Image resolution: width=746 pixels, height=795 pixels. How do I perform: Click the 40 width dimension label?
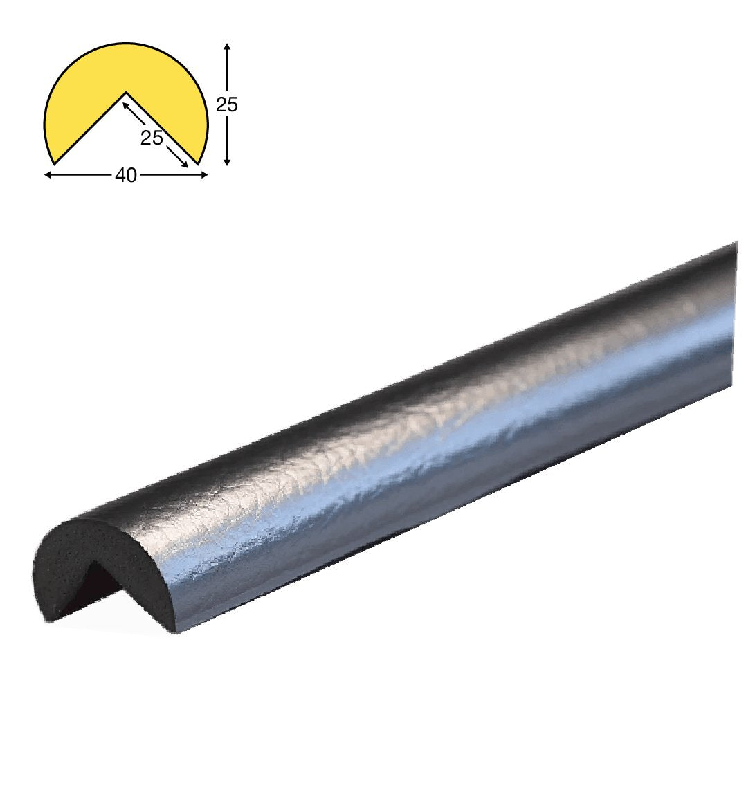126,176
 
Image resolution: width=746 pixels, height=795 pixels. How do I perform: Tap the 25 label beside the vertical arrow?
227,105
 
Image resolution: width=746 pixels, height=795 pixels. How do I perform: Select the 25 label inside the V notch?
152,138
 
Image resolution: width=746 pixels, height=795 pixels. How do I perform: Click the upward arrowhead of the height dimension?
227,47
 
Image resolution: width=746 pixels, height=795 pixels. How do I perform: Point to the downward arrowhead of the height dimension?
227,161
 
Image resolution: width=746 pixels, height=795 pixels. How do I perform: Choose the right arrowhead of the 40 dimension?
203,175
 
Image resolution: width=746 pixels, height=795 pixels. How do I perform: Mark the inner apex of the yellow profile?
126,92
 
